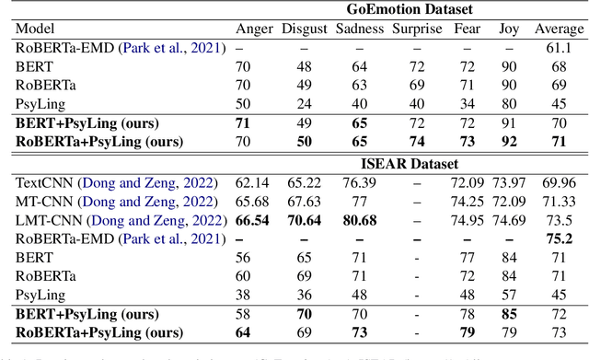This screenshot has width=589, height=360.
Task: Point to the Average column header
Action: [559, 29]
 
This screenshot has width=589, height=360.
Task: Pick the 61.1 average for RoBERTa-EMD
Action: [559, 47]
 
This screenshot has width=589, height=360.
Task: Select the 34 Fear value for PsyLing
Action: [468, 103]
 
